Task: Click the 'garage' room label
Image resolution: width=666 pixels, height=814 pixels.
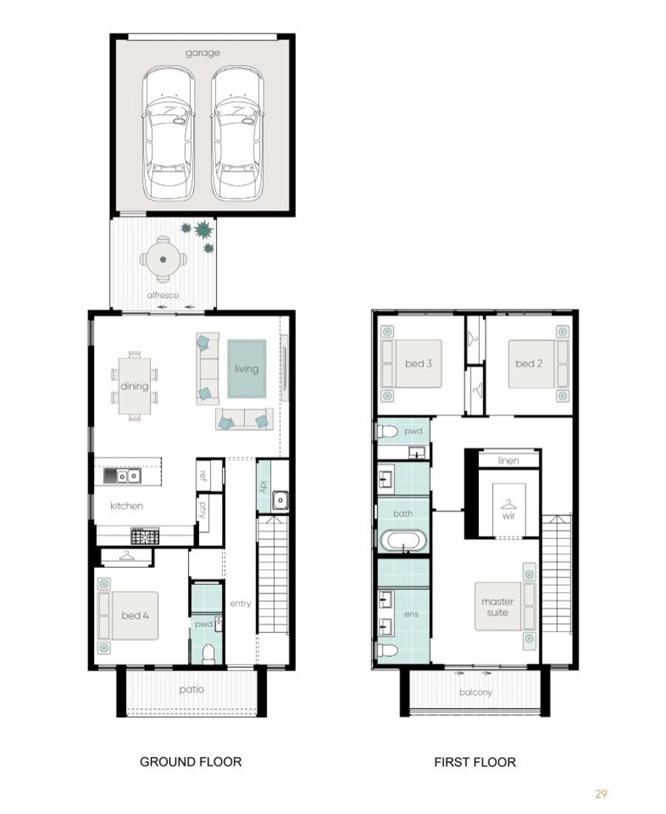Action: pyautogui.click(x=202, y=53)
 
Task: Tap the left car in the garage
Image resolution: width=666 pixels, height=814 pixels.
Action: pyautogui.click(x=168, y=133)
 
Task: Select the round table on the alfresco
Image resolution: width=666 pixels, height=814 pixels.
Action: pyautogui.click(x=163, y=259)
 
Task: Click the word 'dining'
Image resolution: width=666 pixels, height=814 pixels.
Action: pyautogui.click(x=134, y=386)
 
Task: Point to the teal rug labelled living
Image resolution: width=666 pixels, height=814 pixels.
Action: pyautogui.click(x=246, y=369)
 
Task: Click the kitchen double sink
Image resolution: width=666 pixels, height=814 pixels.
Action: pyautogui.click(x=122, y=476)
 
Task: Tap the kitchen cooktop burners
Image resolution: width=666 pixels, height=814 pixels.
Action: pyautogui.click(x=145, y=536)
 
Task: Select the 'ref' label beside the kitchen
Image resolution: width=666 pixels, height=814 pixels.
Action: pyautogui.click(x=203, y=475)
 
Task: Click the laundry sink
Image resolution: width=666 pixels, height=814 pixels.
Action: pyautogui.click(x=280, y=501)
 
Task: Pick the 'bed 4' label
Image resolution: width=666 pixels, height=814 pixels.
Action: pyautogui.click(x=135, y=615)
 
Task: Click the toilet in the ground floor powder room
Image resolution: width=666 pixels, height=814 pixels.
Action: pyautogui.click(x=209, y=654)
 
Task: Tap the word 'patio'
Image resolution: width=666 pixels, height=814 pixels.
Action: pyautogui.click(x=192, y=689)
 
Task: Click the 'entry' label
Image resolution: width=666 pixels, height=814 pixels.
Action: pyautogui.click(x=240, y=603)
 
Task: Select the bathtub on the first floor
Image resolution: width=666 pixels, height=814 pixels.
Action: pyautogui.click(x=403, y=540)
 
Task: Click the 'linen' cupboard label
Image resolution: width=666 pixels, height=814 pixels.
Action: pyautogui.click(x=508, y=461)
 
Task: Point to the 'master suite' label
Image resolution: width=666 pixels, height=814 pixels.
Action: pyautogui.click(x=497, y=607)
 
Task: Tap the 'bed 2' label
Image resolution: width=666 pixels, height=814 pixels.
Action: pyautogui.click(x=529, y=364)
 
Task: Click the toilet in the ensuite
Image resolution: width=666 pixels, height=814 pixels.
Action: pyautogui.click(x=388, y=650)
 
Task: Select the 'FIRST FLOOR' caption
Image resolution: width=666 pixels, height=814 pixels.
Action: pyautogui.click(x=475, y=762)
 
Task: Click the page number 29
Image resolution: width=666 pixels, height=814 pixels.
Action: pyautogui.click(x=601, y=793)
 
